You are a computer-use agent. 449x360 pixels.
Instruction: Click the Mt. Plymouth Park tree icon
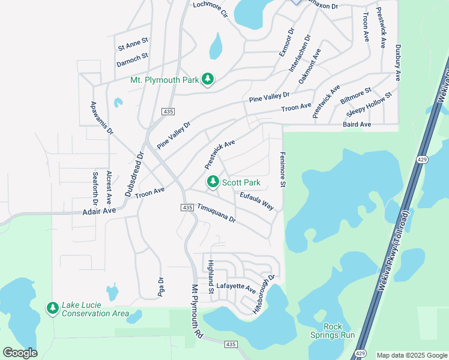click(208, 79)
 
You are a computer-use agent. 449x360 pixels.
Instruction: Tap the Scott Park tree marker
click(212, 181)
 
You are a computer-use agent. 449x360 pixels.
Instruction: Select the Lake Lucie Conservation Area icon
click(53, 308)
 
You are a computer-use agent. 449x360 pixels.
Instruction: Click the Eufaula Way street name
click(257, 200)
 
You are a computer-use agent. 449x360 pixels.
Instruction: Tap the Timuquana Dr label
click(216, 214)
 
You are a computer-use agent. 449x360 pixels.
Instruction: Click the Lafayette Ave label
click(236, 287)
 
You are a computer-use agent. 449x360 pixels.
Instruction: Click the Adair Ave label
click(99, 212)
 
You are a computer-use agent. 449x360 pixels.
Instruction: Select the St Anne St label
click(133, 46)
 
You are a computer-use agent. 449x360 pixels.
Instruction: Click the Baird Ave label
click(357, 124)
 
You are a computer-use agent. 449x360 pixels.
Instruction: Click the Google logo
click(20, 352)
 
